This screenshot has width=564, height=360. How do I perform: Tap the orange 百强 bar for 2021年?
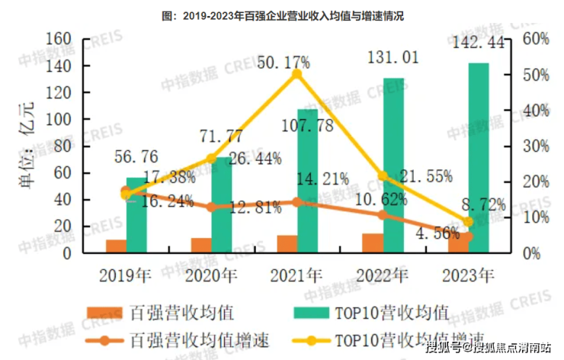[x=287, y=243]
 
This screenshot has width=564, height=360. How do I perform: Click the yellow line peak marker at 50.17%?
[x=297, y=73]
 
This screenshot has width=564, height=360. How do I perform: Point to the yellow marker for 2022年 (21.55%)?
[x=383, y=176]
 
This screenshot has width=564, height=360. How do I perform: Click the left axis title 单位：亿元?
[x=27, y=145]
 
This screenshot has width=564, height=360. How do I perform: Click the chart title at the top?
[x=283, y=15]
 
